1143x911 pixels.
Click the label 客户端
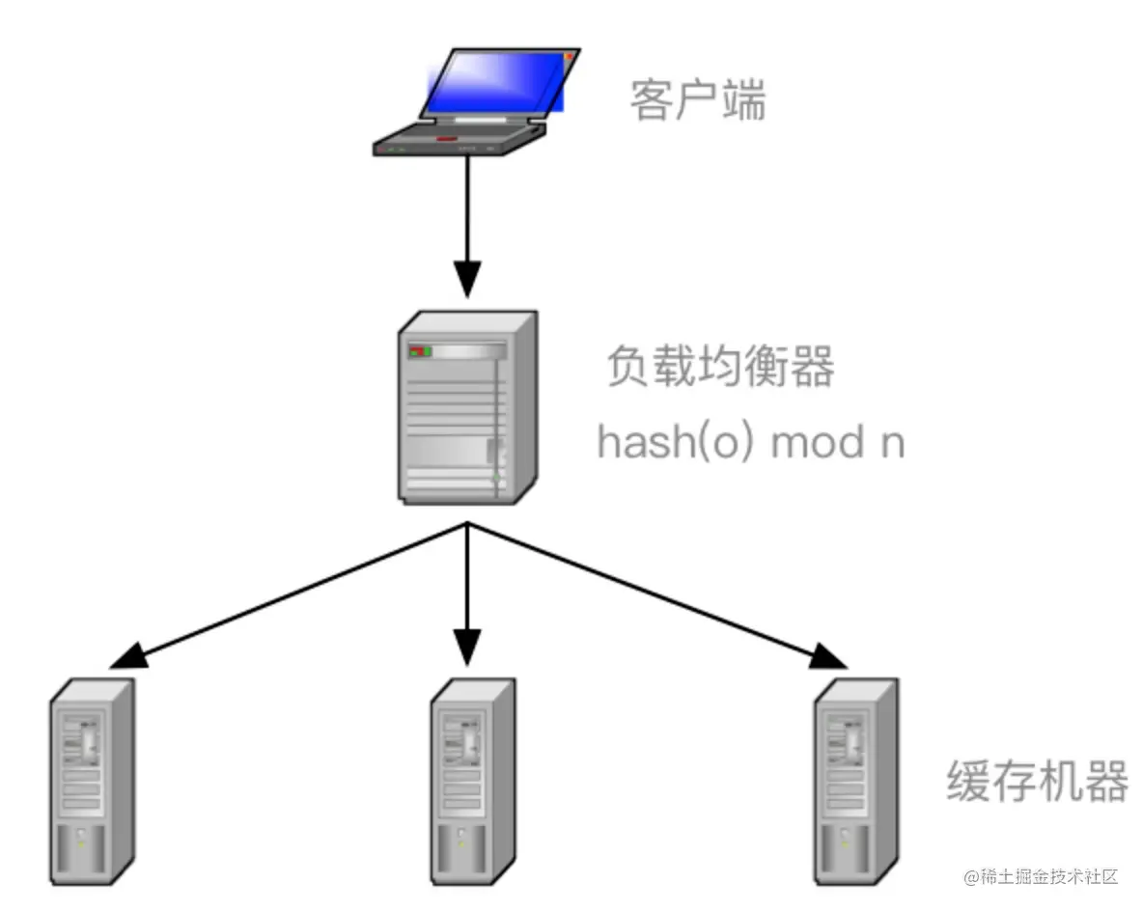(697, 100)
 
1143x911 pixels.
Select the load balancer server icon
(466, 406)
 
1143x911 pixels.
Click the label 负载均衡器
(719, 368)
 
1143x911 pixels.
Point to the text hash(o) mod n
(750, 443)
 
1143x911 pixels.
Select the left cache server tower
(92, 781)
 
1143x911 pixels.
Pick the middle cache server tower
(471, 781)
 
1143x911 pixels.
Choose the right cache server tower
(855, 781)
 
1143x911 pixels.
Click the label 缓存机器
(1037, 782)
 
